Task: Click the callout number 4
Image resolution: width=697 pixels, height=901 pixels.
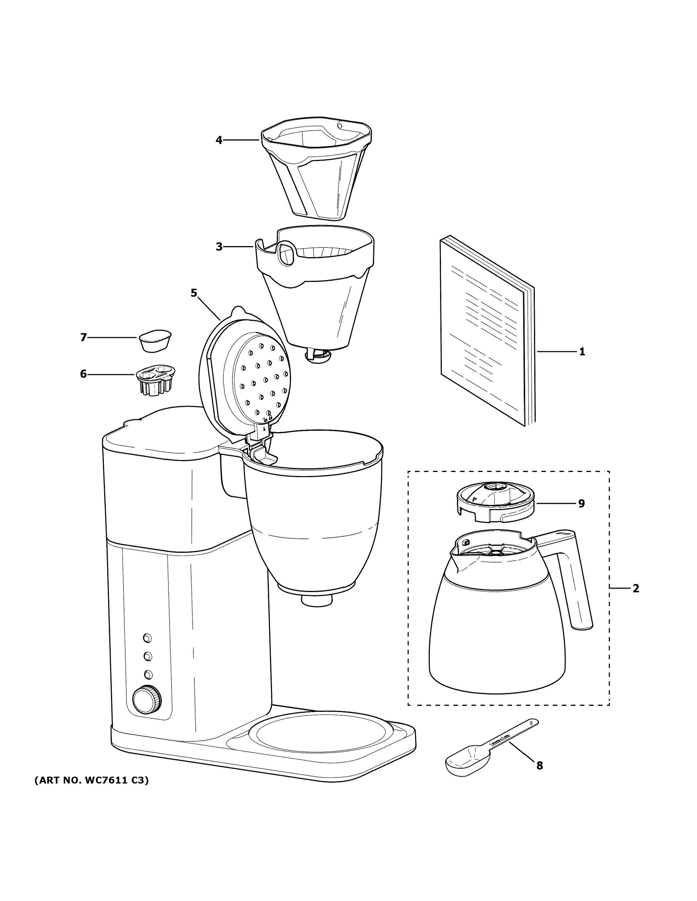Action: click(x=218, y=140)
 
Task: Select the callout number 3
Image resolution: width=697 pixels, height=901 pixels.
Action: click(x=218, y=247)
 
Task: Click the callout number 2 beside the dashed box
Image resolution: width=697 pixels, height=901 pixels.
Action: click(x=636, y=588)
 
